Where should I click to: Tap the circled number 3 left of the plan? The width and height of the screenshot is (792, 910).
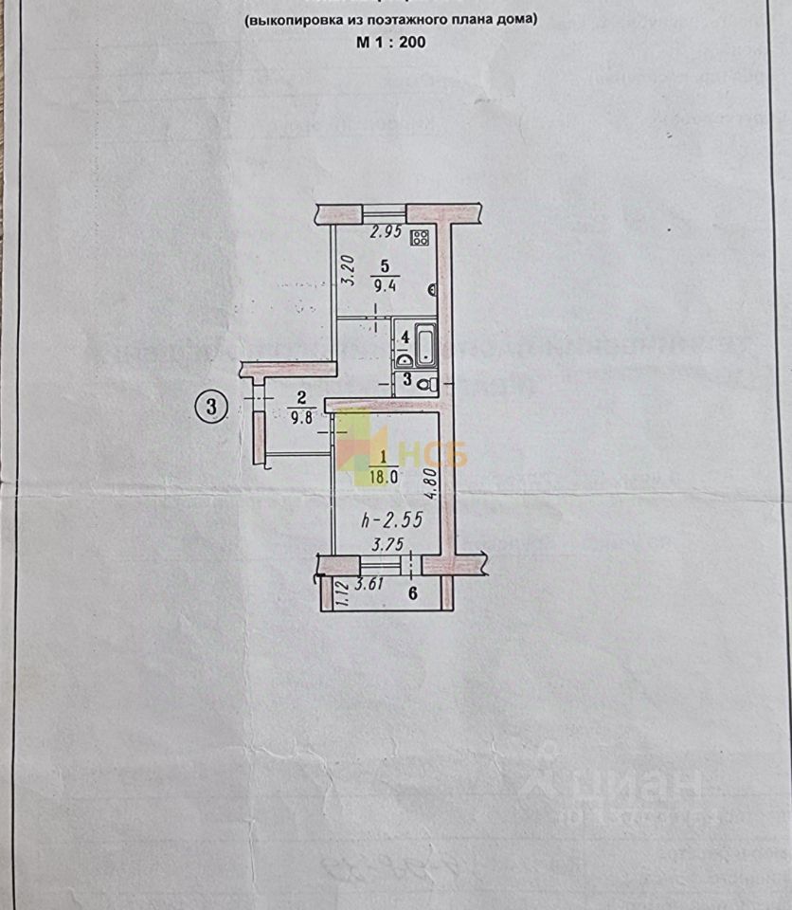tap(212, 407)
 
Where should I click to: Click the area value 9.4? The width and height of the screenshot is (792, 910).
tap(385, 283)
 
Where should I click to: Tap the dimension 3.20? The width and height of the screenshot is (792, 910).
tap(347, 271)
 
